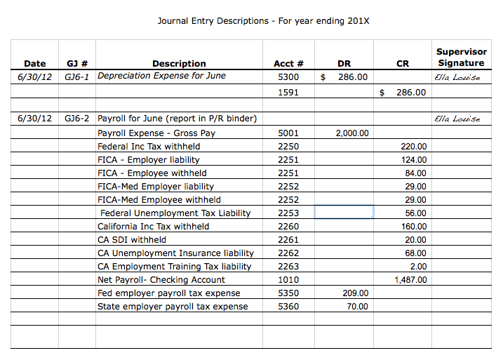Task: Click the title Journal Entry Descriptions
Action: [262, 21]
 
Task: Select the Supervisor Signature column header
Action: [460, 58]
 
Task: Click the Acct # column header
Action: [288, 64]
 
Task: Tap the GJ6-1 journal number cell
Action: [76, 76]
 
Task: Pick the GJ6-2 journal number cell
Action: [76, 119]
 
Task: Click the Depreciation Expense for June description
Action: [161, 76]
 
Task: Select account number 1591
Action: [288, 92]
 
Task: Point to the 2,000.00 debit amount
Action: [352, 133]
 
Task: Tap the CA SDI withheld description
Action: [132, 240]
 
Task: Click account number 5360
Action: [288, 307]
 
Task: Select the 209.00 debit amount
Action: [355, 293]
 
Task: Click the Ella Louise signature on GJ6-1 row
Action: [457, 77]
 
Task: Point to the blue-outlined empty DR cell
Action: [344, 213]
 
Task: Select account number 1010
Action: [288, 280]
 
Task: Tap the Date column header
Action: [35, 64]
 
